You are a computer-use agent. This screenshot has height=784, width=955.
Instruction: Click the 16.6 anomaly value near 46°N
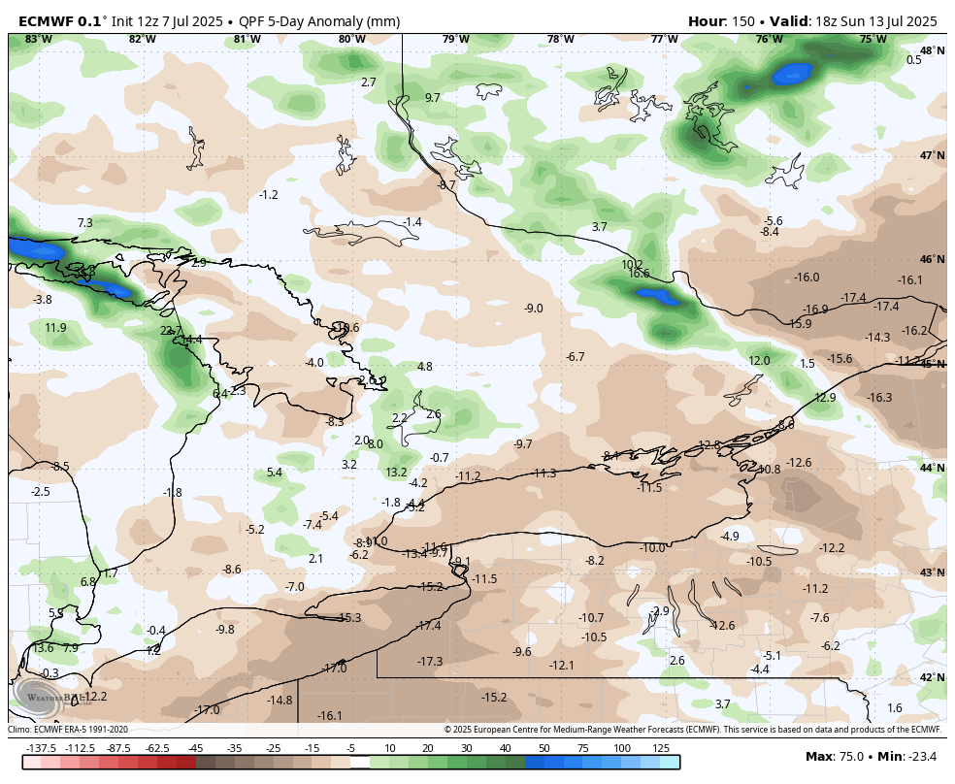639,275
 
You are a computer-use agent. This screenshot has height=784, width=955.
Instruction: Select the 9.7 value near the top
433,98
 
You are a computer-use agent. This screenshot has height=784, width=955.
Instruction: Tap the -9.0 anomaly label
534,309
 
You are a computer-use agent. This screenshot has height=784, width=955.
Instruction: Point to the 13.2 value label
396,473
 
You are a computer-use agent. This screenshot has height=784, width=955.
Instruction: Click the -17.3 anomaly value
430,662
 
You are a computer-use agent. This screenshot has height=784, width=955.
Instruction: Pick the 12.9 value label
825,398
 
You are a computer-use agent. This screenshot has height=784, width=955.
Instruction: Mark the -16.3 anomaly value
879,398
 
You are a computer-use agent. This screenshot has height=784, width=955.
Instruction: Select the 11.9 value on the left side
55,328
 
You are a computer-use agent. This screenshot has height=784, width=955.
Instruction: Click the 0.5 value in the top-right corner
913,60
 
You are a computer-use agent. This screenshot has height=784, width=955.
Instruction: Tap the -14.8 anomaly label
280,701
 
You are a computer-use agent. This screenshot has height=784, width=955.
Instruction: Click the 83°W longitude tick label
38,39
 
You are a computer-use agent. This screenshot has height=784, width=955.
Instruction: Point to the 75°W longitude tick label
873,39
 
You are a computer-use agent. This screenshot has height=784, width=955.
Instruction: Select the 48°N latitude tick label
932,50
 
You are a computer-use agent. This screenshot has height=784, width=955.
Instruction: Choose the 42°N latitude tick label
932,677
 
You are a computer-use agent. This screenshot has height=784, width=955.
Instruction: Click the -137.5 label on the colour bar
42,748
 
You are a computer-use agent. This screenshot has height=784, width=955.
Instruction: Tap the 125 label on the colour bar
661,748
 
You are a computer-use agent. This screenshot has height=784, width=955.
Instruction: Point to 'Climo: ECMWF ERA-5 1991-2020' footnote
68,730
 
